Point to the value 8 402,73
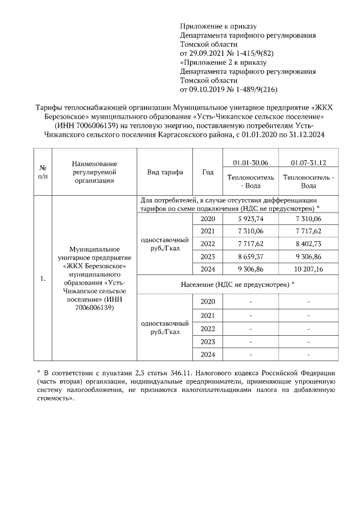(307, 244)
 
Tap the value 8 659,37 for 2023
(250, 256)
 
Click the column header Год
(208, 172)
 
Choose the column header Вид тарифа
(165, 172)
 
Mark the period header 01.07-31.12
(308, 163)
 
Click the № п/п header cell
(42, 172)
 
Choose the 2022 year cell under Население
(208, 329)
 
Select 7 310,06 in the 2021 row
(250, 231)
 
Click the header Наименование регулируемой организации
(93, 172)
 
